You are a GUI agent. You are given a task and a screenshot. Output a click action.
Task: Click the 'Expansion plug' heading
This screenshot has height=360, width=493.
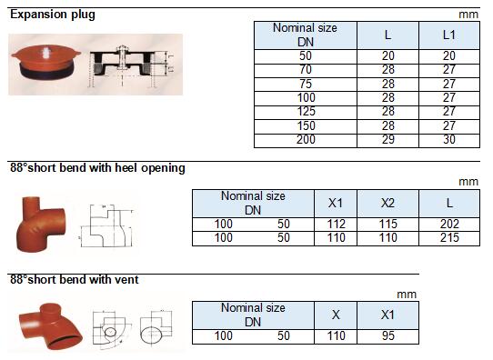click(x=53, y=15)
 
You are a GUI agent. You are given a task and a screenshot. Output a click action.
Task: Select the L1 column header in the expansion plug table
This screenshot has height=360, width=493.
click(x=449, y=35)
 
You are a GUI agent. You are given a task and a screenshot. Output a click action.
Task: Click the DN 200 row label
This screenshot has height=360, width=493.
click(x=306, y=140)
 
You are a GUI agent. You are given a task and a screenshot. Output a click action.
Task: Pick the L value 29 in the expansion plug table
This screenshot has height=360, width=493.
click(x=388, y=140)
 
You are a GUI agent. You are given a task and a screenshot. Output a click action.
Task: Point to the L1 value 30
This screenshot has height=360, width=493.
click(x=449, y=140)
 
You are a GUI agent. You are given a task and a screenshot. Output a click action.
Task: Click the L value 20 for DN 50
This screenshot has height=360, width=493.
click(x=388, y=56)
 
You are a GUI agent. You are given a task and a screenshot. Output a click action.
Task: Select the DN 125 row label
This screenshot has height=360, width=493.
click(x=306, y=112)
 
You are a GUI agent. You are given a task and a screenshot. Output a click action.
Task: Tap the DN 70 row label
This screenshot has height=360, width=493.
click(x=306, y=70)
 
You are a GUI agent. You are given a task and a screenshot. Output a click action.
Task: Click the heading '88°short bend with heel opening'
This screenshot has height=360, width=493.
click(x=97, y=168)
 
